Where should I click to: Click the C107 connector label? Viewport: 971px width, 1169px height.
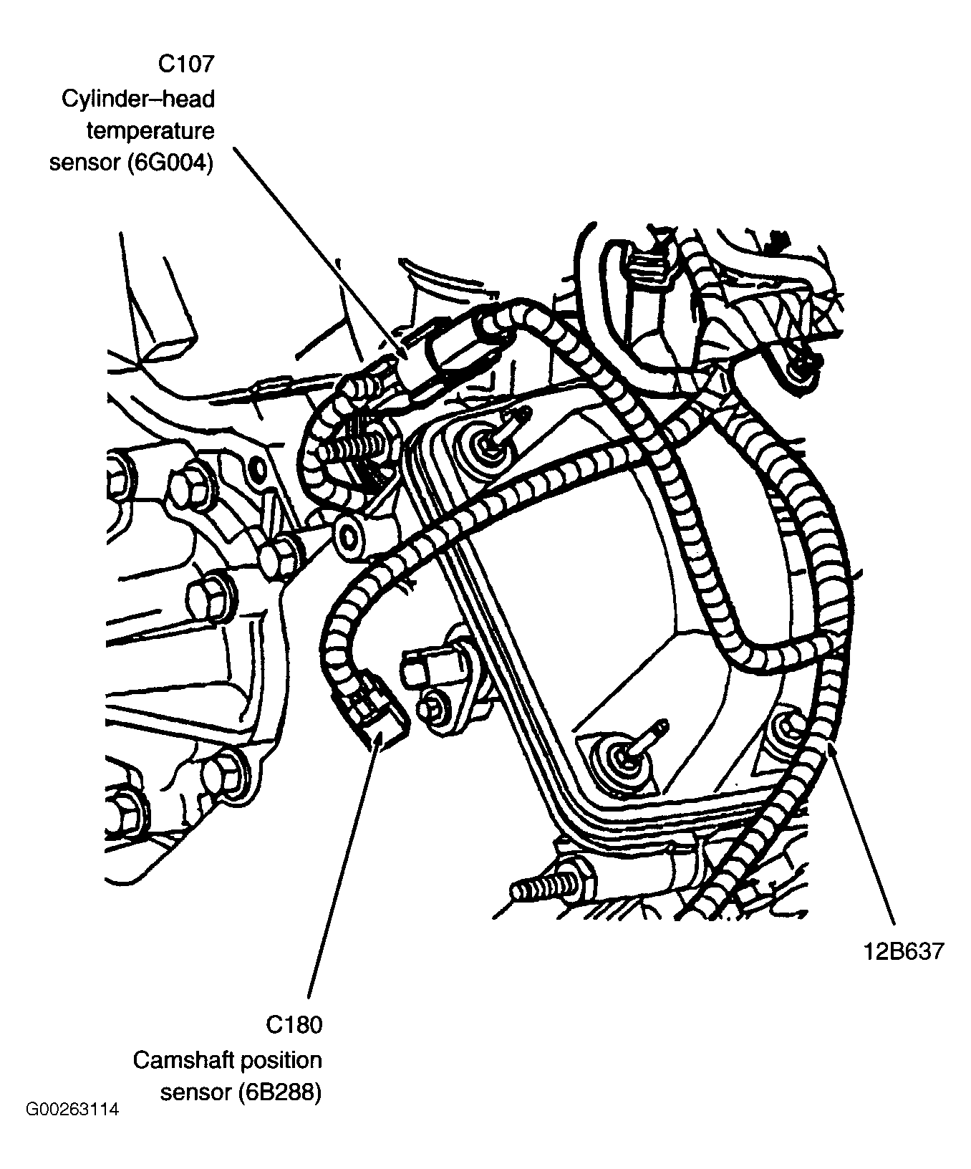click(185, 64)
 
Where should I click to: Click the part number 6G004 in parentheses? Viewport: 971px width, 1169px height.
click(171, 163)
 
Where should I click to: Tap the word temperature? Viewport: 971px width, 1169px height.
click(150, 131)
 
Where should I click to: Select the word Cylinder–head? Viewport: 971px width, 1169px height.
click(138, 98)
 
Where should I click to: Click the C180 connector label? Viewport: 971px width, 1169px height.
click(294, 1025)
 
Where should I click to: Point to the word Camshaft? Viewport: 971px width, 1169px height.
click(180, 1059)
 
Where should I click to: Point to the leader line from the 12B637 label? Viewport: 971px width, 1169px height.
click(863, 838)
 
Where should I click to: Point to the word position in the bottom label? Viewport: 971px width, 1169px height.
click(281, 1059)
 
